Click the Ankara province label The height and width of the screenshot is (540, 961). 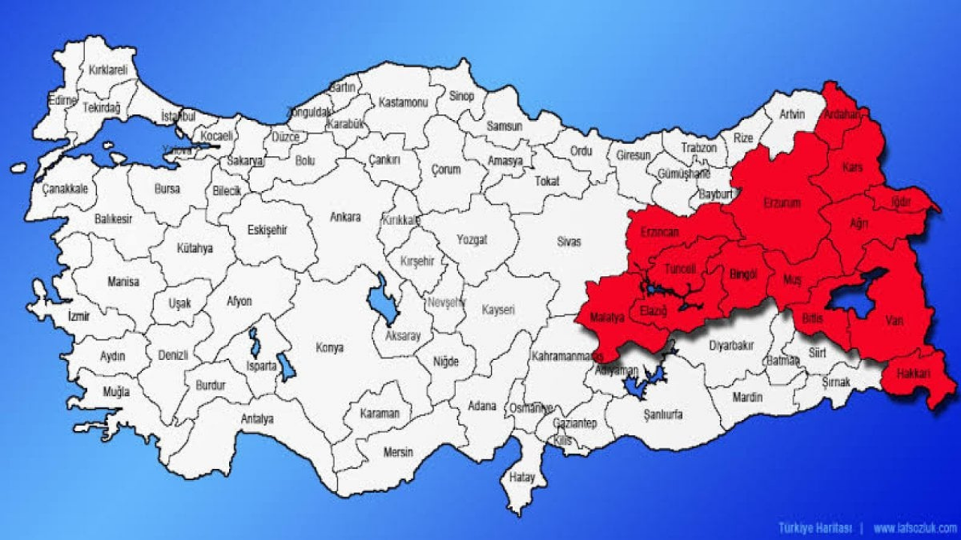[x=345, y=217]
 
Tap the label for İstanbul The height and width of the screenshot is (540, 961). [x=178, y=118]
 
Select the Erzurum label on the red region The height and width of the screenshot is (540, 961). [x=782, y=203]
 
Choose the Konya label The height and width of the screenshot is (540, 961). [x=330, y=348]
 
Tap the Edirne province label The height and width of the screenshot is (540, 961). [x=62, y=100]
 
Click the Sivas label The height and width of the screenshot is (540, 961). [x=568, y=241]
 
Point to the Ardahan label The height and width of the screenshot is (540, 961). [x=841, y=115]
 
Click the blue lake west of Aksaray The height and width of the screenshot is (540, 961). [x=382, y=298]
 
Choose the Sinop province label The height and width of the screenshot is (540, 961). [x=462, y=96]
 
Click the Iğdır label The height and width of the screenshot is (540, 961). [x=900, y=202]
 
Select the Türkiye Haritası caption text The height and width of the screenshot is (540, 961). [x=815, y=527]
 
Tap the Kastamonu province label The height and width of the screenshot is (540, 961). [x=402, y=102]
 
